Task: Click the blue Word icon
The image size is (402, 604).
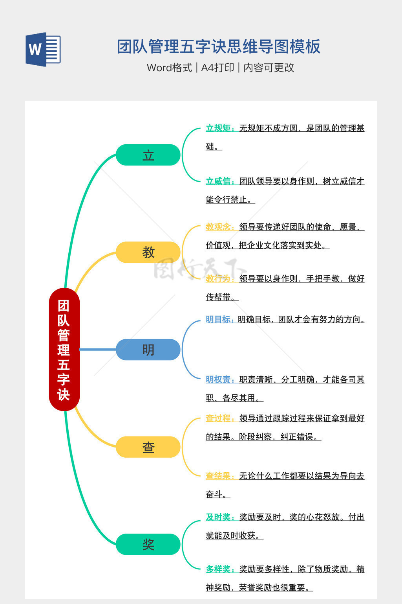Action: tap(43, 50)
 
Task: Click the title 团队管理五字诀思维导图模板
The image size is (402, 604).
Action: tap(219, 46)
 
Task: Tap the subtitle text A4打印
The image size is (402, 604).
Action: tap(217, 68)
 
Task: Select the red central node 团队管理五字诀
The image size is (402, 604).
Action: tap(64, 349)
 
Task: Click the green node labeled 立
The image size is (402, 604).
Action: tap(148, 155)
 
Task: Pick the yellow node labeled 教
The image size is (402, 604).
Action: tap(148, 252)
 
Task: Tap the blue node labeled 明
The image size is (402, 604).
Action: tap(148, 350)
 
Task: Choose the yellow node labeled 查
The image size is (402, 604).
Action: tap(148, 447)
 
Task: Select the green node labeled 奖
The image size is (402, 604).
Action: tap(148, 544)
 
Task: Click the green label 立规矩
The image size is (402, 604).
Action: tap(218, 128)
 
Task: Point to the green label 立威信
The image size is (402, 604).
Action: tap(218, 181)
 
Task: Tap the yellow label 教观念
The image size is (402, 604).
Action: tap(218, 227)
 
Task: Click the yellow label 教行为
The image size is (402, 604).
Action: tap(218, 279)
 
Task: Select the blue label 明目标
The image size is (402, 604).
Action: tap(218, 319)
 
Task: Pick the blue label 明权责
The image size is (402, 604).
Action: tap(218, 379)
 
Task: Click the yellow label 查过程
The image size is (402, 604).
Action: tap(218, 418)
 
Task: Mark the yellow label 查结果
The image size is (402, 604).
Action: tap(218, 476)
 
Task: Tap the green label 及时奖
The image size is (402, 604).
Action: tap(218, 517)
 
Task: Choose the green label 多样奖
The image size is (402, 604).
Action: tap(218, 569)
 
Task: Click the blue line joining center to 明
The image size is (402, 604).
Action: tap(98, 349)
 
